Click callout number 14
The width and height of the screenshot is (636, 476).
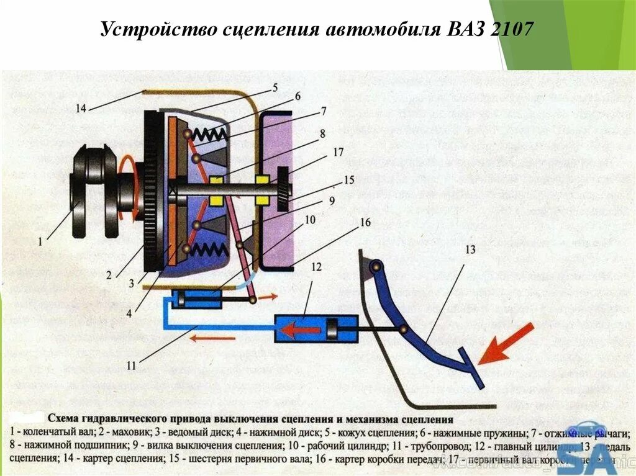(81, 109)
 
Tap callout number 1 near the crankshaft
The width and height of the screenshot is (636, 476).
(41, 243)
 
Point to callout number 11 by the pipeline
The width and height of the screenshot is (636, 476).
(131, 366)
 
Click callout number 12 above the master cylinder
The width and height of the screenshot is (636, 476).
(317, 267)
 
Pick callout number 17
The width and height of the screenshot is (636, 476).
(338, 152)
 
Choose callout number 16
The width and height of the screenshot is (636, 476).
(365, 223)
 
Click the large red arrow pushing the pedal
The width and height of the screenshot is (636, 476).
(506, 343)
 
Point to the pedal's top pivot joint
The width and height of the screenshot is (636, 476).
(375, 266)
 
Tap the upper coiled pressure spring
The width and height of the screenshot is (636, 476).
(210, 134)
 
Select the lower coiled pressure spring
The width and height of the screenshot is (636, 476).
(210, 250)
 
